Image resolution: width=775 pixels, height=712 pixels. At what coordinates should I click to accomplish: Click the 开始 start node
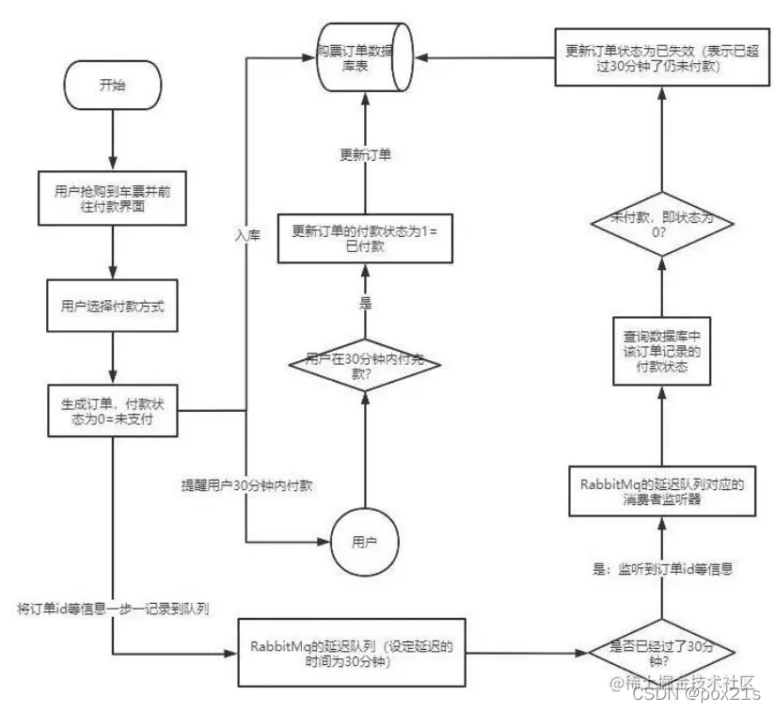[x=111, y=84]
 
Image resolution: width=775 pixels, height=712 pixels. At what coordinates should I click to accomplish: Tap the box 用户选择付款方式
[x=111, y=306]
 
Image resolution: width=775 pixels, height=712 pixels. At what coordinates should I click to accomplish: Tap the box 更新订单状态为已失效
[x=657, y=57]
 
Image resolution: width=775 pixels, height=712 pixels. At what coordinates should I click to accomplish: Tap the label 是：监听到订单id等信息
[x=661, y=568]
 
